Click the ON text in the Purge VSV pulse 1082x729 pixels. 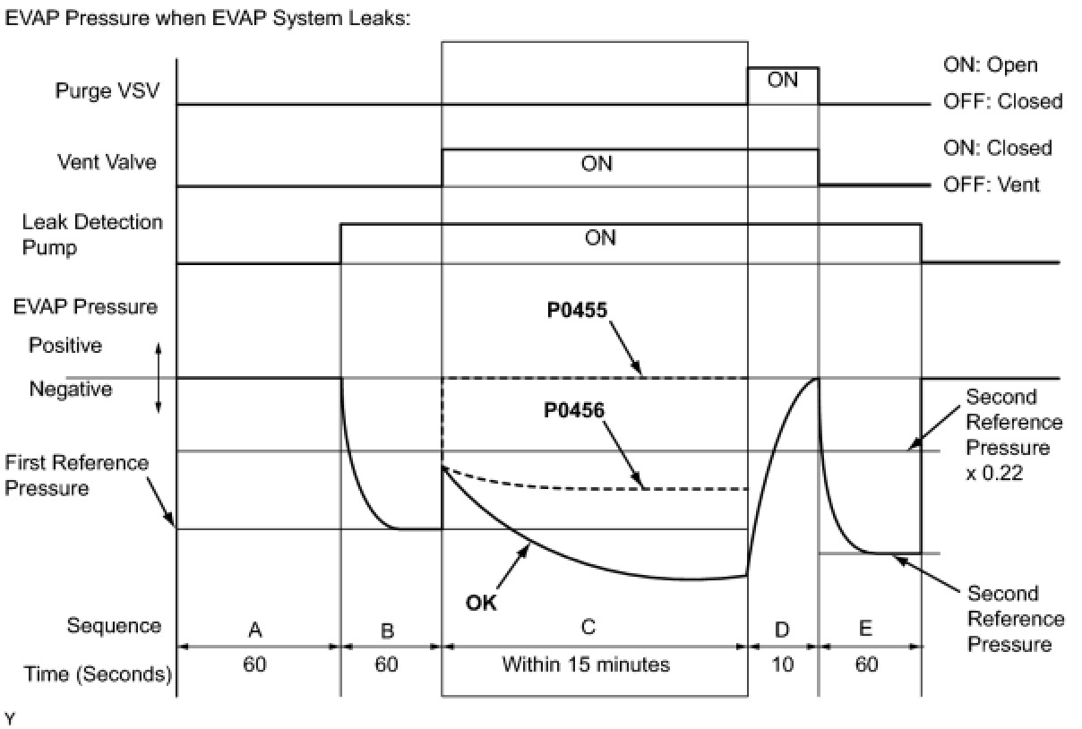(x=782, y=80)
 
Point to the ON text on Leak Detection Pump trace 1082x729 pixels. (x=599, y=238)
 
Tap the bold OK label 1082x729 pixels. (x=481, y=603)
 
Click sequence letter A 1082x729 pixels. (x=254, y=630)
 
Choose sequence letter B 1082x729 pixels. (x=388, y=630)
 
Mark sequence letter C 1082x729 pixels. (x=588, y=626)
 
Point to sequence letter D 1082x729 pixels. (x=782, y=630)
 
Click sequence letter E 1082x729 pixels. (x=864, y=629)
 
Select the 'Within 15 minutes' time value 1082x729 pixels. (x=586, y=665)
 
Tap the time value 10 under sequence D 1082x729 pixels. (x=782, y=666)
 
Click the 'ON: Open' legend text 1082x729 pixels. (x=990, y=65)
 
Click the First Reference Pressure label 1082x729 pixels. (x=76, y=476)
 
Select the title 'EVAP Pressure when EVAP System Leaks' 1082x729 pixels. (x=208, y=18)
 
